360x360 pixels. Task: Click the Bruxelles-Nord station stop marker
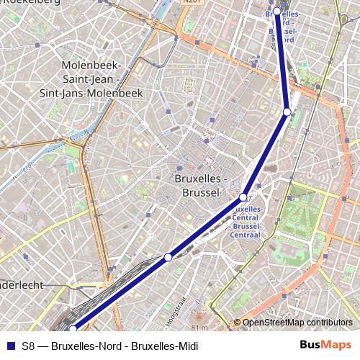click(277, 12)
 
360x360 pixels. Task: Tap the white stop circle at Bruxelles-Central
click(243, 197)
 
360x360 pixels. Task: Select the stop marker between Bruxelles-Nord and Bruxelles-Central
click(287, 112)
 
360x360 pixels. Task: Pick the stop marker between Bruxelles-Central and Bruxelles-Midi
click(168, 257)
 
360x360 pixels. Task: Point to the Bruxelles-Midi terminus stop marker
click(73, 328)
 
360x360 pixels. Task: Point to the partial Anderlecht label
click(22, 283)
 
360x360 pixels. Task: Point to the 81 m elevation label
click(199, 328)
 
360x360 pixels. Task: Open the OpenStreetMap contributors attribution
click(297, 323)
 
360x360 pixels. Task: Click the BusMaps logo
click(325, 345)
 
